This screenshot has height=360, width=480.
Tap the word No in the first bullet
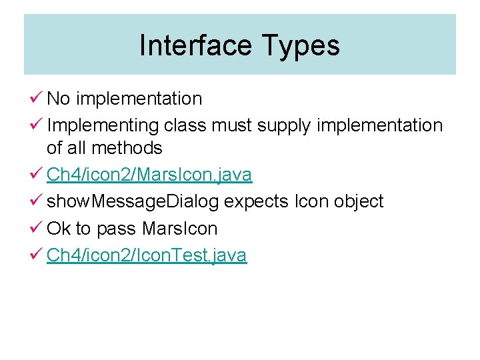coord(58,99)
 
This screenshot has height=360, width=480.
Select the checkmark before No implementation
coord(37,99)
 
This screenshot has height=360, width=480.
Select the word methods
coord(127,147)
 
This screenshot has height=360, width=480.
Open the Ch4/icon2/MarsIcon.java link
coord(149,175)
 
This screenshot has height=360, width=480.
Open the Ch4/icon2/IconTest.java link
coord(146,255)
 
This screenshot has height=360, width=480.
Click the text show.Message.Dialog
coord(133,201)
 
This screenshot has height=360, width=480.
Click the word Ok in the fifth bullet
coord(59,228)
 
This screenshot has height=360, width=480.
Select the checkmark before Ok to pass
coord(37,228)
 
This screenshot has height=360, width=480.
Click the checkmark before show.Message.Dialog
coord(37,201)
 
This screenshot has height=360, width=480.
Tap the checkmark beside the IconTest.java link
coord(37,255)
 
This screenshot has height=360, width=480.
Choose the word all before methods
coord(77,147)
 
